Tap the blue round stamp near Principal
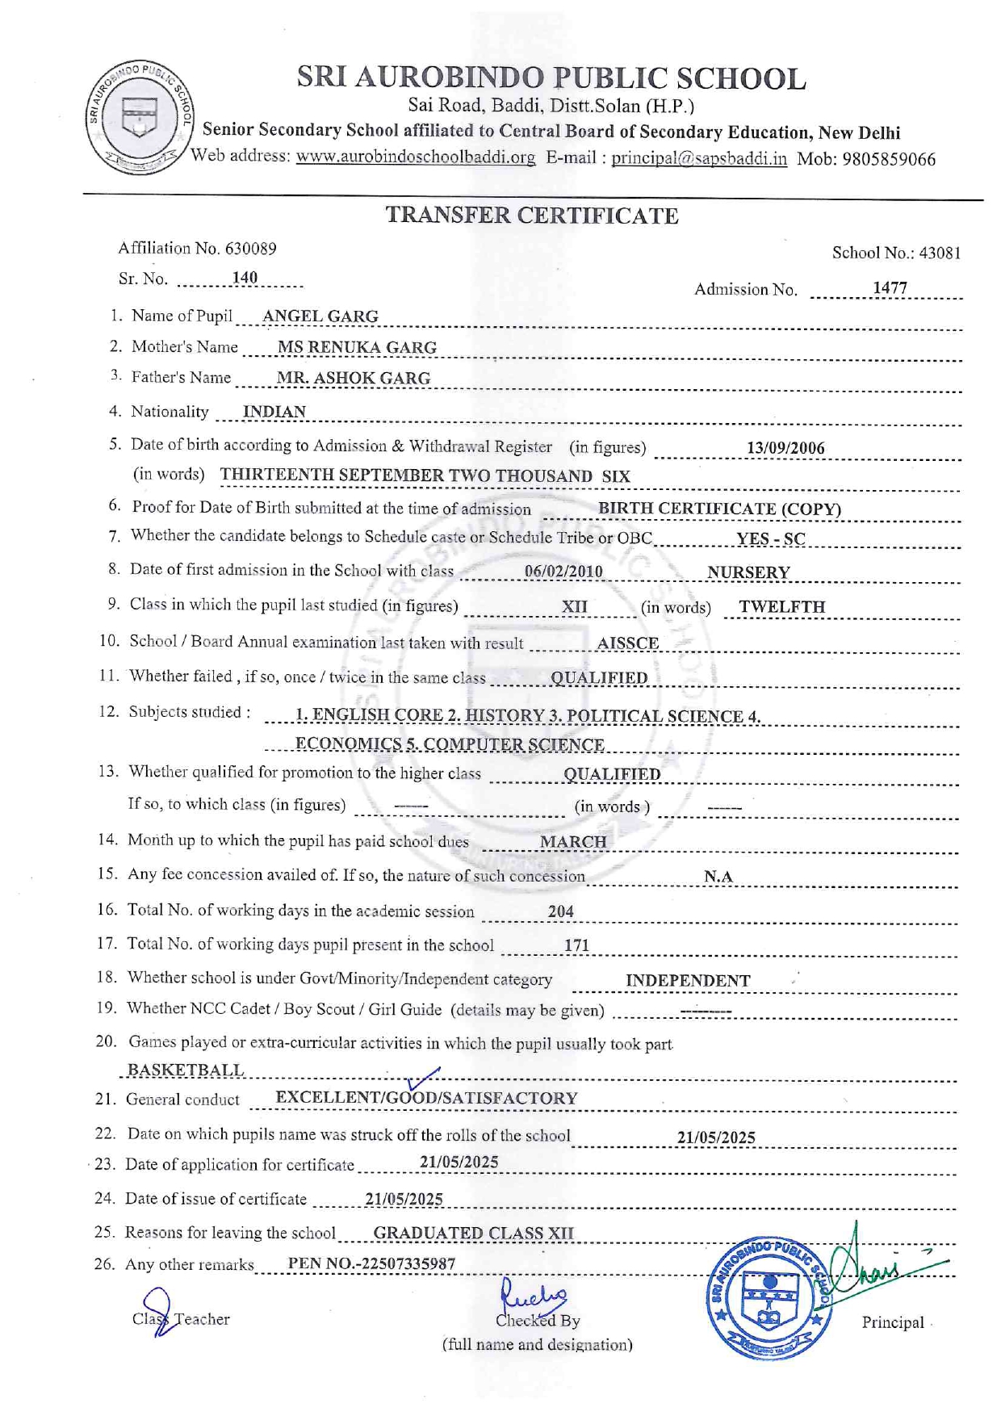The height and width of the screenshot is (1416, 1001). coord(769,1298)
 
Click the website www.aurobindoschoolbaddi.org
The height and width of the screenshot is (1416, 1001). coord(415,157)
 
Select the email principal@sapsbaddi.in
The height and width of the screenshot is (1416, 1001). coord(698,158)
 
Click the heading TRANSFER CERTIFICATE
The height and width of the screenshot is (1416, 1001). coord(531,216)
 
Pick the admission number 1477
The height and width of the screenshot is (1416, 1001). coord(890,288)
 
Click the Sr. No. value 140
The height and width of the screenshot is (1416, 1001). coord(245,279)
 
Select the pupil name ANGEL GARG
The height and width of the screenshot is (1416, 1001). coord(320,316)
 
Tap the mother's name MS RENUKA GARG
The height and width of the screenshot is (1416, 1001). coord(357,347)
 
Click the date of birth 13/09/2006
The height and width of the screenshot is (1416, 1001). coord(785,448)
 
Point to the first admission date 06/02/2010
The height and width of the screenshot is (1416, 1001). coord(563,572)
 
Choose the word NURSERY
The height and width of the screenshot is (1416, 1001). coord(748,572)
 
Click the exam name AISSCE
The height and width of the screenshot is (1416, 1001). coord(627,643)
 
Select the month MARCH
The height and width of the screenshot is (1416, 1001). coord(573,842)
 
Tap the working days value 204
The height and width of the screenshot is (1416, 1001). coord(560,911)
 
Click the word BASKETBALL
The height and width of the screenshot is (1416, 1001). coord(186,1070)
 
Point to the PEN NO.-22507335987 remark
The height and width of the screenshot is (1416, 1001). coord(371,1263)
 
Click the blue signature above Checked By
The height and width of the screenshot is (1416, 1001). coord(533,1296)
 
